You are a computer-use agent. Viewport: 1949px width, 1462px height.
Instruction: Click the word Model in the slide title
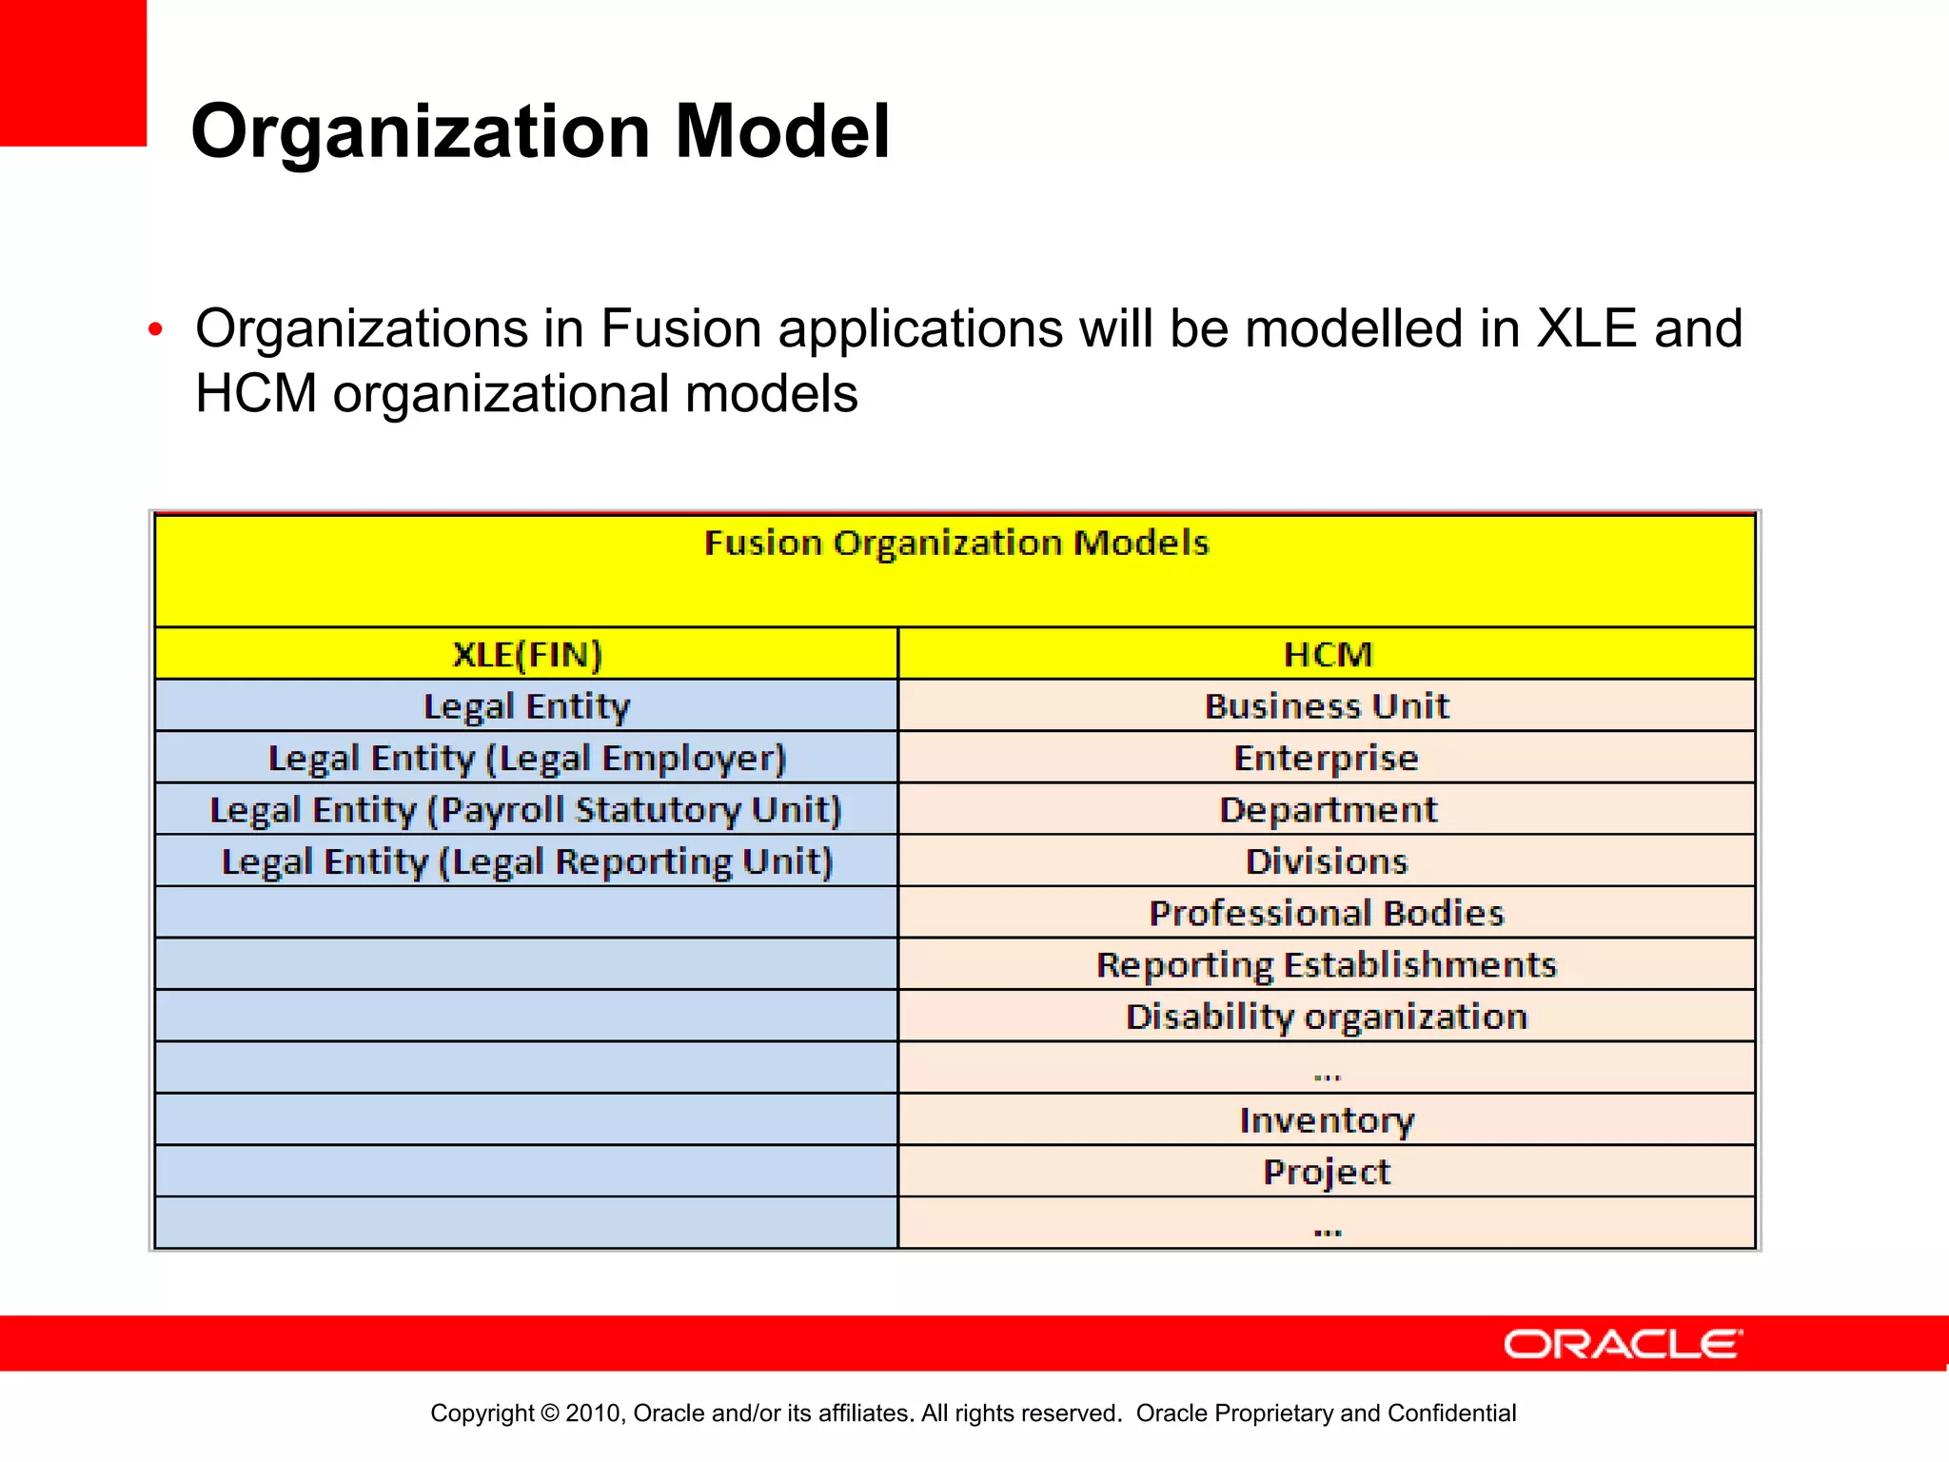(x=782, y=131)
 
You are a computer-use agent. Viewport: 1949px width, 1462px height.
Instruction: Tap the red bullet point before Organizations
(x=156, y=331)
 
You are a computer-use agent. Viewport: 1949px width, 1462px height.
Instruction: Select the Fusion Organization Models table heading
(x=955, y=543)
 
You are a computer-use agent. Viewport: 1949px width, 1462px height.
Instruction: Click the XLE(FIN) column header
(x=526, y=655)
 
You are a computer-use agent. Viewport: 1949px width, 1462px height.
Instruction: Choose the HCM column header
(x=1327, y=655)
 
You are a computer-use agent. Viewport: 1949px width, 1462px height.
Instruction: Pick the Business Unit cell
(x=1327, y=706)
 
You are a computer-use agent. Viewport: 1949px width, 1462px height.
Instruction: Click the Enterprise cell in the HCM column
(x=1327, y=759)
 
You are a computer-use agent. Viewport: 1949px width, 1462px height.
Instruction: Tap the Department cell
(x=1327, y=810)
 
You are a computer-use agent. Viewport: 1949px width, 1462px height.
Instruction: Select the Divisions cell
(x=1327, y=861)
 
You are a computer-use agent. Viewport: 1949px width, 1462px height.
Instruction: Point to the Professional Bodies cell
(x=1327, y=914)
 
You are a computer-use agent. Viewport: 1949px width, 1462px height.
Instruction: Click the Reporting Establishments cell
(x=1327, y=965)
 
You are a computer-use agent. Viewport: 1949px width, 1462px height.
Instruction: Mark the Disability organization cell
(x=1327, y=1017)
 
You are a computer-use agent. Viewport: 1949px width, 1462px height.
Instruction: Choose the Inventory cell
(x=1327, y=1120)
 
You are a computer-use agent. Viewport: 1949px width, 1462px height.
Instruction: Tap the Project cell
(x=1327, y=1172)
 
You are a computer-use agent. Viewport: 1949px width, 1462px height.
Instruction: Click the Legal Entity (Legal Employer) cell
(x=526, y=759)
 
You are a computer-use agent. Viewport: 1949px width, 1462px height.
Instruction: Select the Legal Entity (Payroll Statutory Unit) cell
(x=526, y=810)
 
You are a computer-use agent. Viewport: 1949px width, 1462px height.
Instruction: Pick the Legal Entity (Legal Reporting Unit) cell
(x=526, y=861)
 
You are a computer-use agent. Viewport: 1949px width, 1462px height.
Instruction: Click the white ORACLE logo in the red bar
(x=1622, y=1344)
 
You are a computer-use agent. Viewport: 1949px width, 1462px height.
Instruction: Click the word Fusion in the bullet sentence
(x=680, y=329)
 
